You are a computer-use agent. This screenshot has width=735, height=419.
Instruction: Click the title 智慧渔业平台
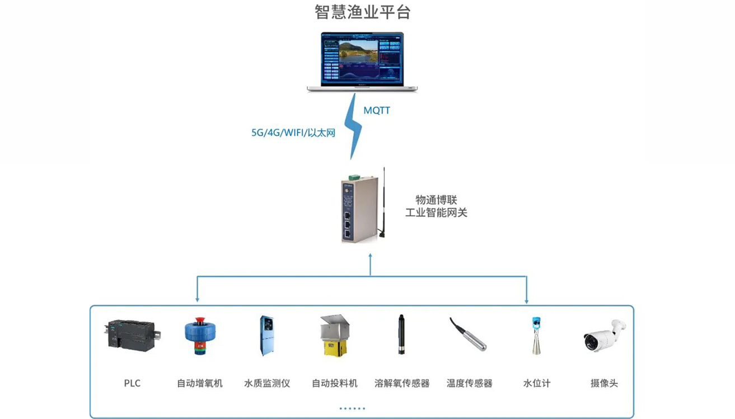(363, 12)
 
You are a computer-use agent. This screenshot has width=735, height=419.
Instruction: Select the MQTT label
(377, 111)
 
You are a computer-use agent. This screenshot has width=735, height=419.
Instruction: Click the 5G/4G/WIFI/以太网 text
(293, 133)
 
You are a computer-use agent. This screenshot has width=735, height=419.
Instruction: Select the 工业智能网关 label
(436, 213)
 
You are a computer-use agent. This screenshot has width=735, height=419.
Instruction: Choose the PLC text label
(132, 383)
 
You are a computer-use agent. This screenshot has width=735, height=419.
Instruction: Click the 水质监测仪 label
(267, 383)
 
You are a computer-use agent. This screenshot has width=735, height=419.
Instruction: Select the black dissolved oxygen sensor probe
(401, 335)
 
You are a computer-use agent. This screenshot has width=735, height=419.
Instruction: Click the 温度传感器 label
(469, 383)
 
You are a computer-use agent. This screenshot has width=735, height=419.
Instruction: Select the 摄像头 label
(604, 383)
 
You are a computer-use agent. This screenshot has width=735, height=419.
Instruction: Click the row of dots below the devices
(352, 408)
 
